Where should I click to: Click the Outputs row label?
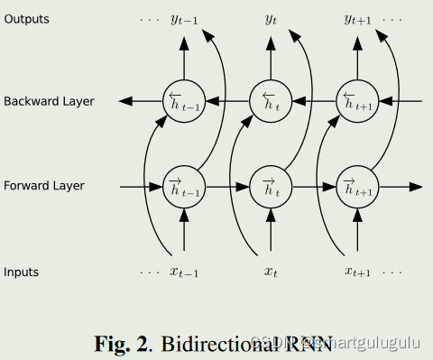click(26, 19)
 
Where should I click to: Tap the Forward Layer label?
click(43, 186)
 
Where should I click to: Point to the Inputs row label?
click(22, 272)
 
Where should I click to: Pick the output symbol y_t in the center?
click(271, 19)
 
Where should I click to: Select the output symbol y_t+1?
click(359, 20)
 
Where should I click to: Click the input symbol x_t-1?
click(185, 272)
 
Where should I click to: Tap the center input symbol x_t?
click(271, 272)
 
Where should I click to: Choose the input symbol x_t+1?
click(359, 272)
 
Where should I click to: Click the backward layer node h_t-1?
click(183, 101)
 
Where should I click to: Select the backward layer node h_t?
click(270, 101)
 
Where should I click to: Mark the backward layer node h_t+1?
click(357, 101)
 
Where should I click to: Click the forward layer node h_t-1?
click(183, 187)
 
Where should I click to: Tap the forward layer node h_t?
click(270, 187)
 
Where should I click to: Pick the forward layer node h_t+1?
click(357, 187)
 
